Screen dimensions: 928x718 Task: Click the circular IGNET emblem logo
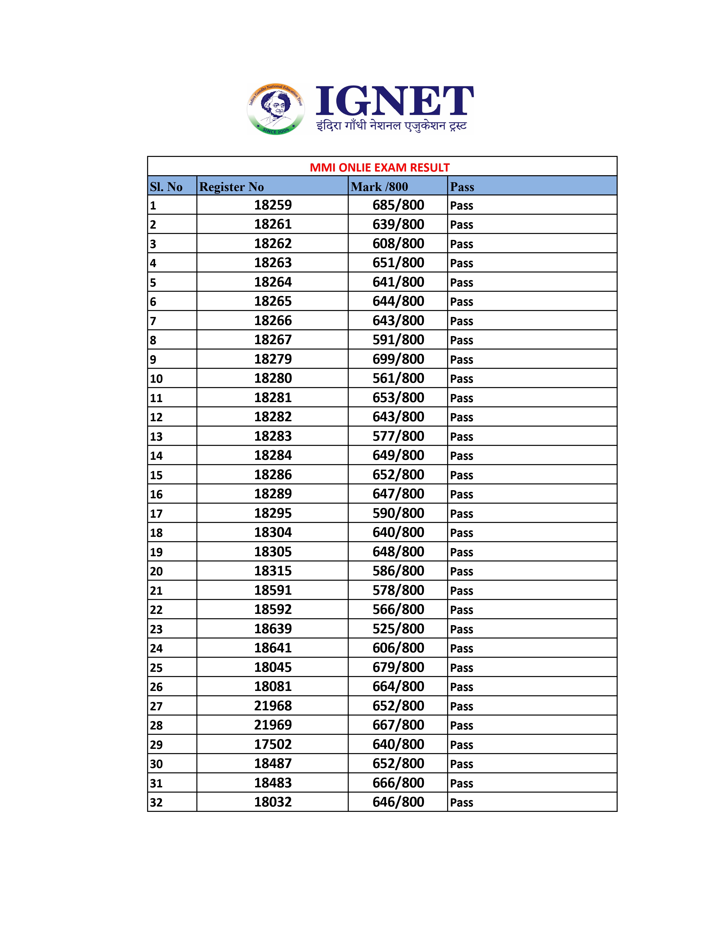pyautogui.click(x=276, y=109)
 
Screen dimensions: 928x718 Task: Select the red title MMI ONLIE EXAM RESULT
pyautogui.click(x=380, y=167)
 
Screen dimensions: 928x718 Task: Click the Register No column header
pyautogui.click(x=231, y=186)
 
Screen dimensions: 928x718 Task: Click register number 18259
pyautogui.click(x=273, y=205)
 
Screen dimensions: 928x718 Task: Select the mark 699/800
pyautogui.click(x=398, y=359)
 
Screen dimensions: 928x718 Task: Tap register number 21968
pyautogui.click(x=273, y=706)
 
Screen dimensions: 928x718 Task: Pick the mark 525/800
pyautogui.click(x=398, y=629)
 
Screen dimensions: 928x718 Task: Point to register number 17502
pyautogui.click(x=273, y=744)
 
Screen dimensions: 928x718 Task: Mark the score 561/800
pyautogui.click(x=398, y=378)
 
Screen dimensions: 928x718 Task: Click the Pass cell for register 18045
pyautogui.click(x=461, y=668)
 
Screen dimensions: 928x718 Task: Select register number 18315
pyautogui.click(x=273, y=571)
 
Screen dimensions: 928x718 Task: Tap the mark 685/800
pyautogui.click(x=398, y=205)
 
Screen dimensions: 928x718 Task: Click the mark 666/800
pyautogui.click(x=398, y=783)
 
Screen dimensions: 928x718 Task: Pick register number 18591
pyautogui.click(x=273, y=590)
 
